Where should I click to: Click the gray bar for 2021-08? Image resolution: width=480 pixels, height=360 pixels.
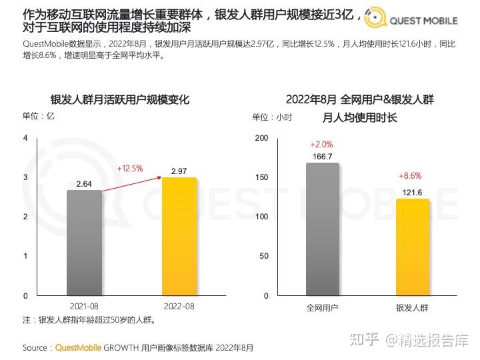84,243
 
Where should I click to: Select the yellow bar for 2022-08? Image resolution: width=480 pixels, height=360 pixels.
179,236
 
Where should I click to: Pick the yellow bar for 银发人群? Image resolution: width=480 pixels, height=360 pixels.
413,247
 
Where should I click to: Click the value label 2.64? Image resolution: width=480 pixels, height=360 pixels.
84,183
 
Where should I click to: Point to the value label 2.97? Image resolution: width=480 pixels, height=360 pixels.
179,171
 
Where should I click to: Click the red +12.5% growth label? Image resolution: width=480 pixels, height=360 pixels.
130,169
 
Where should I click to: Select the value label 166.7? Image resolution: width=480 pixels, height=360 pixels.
323,157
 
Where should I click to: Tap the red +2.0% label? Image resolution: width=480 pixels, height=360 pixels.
321,145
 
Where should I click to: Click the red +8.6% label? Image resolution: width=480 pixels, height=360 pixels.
411,176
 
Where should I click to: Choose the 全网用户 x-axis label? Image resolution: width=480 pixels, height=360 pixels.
323,307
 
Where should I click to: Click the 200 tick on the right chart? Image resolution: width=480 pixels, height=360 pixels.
261,138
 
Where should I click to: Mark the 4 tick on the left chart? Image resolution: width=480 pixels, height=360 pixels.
25,138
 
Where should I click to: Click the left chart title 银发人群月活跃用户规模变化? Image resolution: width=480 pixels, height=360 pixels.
120,100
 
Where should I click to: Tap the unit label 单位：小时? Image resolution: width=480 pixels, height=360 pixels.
272,117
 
